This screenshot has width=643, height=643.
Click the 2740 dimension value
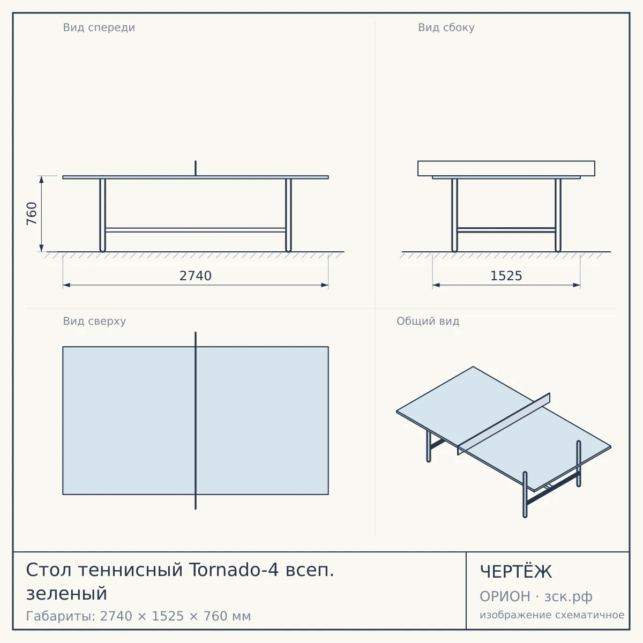196,276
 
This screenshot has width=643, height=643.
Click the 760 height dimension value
32,214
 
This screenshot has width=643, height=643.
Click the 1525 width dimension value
506,276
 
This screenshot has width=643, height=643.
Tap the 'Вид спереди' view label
99,28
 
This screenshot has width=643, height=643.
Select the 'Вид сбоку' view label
446,28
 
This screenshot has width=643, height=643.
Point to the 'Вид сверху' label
94,321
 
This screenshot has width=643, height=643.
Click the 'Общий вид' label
428,321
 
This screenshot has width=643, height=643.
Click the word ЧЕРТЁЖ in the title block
516,572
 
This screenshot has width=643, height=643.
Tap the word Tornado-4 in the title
234,570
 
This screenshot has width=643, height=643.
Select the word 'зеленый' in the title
67,593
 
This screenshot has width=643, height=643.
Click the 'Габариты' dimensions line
138,616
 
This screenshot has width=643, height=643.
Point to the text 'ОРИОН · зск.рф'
536,596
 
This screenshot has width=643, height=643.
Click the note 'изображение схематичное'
552,615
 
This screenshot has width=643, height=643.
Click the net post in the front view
196,168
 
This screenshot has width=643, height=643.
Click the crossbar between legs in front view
196,230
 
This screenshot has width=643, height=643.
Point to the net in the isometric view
504,424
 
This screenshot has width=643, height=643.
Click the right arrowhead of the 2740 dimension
324,285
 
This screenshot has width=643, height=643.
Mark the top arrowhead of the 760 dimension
41,180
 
